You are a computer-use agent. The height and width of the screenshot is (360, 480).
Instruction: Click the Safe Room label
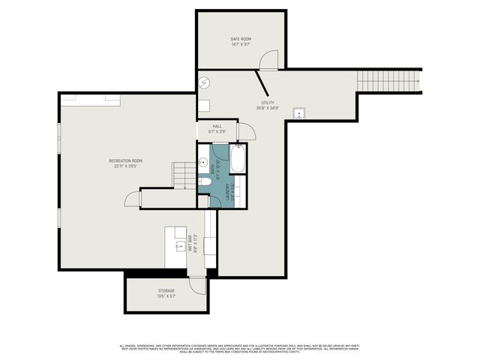(x=240, y=40)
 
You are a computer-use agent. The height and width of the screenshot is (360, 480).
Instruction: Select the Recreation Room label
(x=125, y=163)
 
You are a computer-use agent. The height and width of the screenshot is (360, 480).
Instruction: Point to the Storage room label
(x=166, y=293)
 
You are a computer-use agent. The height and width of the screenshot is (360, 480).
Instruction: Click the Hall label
(x=217, y=128)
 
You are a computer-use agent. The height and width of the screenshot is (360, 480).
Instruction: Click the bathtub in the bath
(x=238, y=159)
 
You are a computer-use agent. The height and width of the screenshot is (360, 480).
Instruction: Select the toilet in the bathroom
(x=204, y=181)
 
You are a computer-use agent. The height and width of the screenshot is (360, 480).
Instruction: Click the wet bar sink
(x=180, y=245)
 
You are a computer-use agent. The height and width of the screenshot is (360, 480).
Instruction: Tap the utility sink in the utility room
(x=300, y=114)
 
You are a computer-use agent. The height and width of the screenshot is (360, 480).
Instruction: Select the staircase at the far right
(x=388, y=79)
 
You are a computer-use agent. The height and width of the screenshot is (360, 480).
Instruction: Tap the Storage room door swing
(x=197, y=284)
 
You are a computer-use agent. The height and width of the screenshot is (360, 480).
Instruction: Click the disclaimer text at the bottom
(x=239, y=348)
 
